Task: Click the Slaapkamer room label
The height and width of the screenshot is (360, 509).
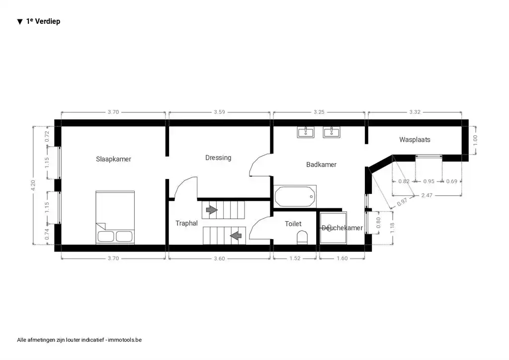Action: point(113,159)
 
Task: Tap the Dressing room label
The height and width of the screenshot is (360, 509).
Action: point(218,158)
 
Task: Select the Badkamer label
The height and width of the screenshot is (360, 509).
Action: point(321,164)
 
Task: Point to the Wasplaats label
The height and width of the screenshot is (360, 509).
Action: point(415,140)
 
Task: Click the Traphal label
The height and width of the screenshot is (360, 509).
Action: point(186,223)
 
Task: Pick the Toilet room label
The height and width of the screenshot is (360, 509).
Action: point(293,224)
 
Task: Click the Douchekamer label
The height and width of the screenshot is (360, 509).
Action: point(342,228)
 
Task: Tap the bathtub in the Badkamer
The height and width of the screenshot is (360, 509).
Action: point(295,196)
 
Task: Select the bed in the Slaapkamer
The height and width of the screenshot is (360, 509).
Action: point(115,217)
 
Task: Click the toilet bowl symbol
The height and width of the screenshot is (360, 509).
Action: point(302,237)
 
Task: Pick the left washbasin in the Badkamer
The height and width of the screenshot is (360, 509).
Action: point(305,132)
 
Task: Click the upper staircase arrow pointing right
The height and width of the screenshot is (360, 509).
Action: point(212,210)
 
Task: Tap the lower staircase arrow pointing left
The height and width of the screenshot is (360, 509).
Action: point(236,233)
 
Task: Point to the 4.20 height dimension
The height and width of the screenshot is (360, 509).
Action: point(33,185)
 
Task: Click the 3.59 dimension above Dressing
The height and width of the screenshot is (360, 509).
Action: point(220,112)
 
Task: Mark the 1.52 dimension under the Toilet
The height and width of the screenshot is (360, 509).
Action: point(293,258)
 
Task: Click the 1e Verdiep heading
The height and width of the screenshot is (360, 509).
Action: point(43,21)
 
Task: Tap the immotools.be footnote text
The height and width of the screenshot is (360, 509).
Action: point(80,340)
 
